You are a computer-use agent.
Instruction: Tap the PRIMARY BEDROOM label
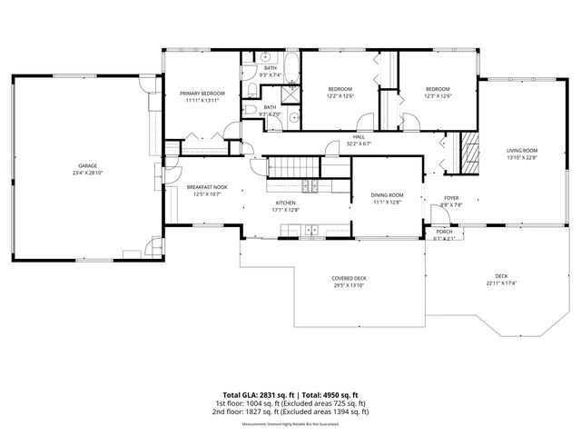click(202, 94)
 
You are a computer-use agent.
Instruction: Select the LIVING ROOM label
click(522, 150)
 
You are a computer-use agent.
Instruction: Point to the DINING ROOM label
click(387, 195)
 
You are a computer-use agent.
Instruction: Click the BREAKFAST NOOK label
click(205, 187)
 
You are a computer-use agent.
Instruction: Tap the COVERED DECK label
click(349, 278)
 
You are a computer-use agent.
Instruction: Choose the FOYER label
click(451, 198)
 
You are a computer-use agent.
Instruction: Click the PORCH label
click(445, 232)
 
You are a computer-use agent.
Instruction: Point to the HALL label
click(359, 137)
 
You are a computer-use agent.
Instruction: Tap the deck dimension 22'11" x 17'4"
click(501, 282)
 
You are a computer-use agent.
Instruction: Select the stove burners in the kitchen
click(312, 187)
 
